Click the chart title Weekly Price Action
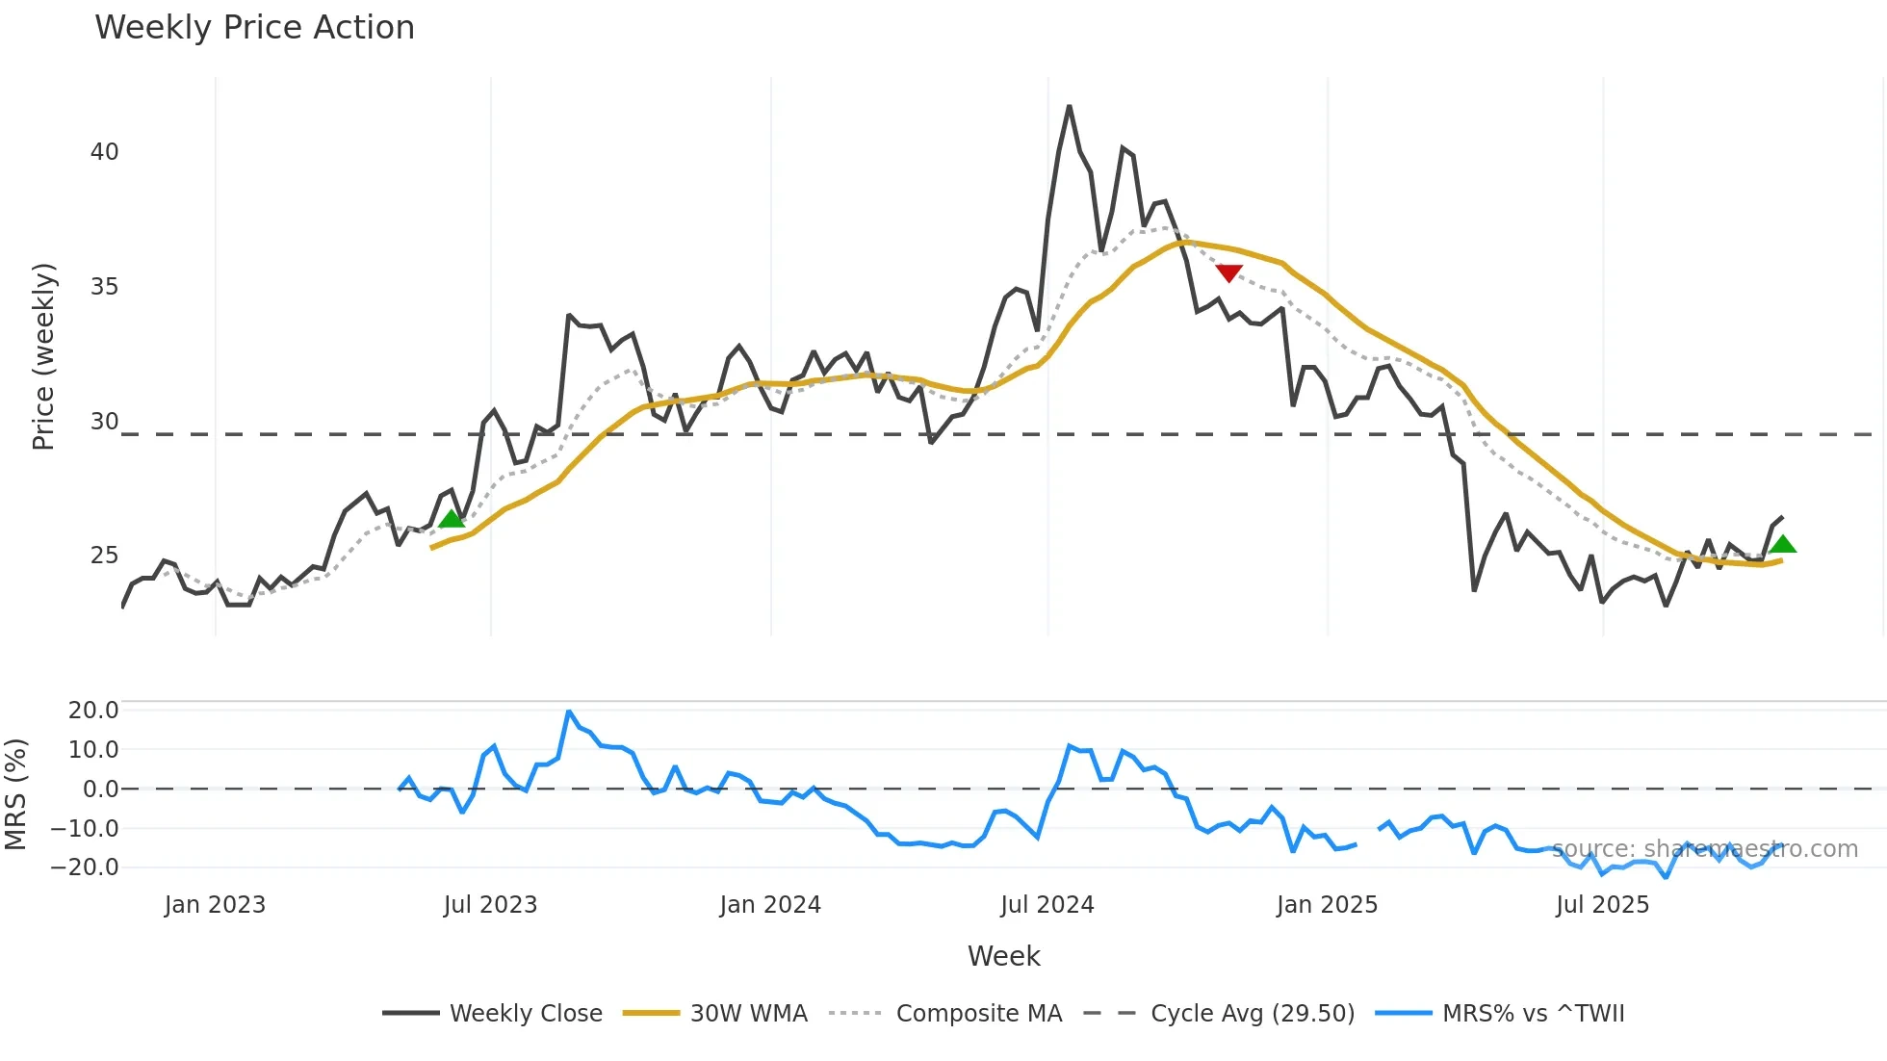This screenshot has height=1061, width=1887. (x=254, y=28)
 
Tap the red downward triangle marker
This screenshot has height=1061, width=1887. (x=1228, y=273)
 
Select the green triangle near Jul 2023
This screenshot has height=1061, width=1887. (x=451, y=519)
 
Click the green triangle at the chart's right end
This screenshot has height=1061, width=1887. (x=1782, y=545)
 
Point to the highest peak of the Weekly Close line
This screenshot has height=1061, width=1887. (x=1069, y=107)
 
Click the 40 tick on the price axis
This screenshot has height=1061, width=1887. (x=105, y=152)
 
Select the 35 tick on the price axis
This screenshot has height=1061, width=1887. (x=105, y=287)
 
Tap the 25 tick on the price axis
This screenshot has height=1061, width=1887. (x=105, y=556)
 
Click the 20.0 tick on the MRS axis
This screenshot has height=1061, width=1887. (x=93, y=711)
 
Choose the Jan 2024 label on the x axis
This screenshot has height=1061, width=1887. (x=770, y=905)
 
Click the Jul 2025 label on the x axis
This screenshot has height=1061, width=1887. (x=1602, y=905)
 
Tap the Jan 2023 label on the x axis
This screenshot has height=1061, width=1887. (x=215, y=905)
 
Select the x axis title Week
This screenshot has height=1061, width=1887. (x=1003, y=956)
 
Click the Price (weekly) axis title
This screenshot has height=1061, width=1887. (x=43, y=356)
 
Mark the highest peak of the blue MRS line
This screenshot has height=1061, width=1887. (x=569, y=712)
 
